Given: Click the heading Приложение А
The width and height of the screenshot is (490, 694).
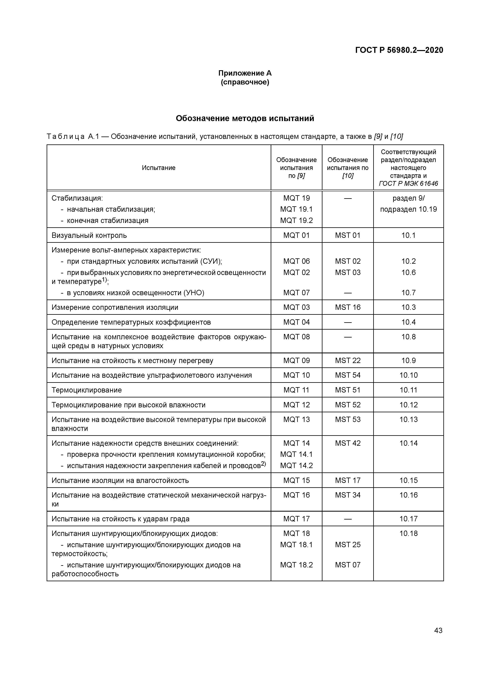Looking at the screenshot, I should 245,73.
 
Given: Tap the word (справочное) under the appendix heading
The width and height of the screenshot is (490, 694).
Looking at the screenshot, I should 245,82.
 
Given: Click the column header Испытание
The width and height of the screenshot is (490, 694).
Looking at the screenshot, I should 158,168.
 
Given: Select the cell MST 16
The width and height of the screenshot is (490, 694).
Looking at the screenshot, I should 348,307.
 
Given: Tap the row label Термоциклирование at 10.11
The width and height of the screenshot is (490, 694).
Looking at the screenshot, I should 87,390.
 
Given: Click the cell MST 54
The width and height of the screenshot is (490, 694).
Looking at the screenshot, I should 348,375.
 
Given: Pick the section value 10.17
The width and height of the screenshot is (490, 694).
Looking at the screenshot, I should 408,519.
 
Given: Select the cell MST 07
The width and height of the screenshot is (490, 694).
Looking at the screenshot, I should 348,565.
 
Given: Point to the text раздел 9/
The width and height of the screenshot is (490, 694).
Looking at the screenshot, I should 408,198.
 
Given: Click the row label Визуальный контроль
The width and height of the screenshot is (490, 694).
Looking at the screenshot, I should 89,235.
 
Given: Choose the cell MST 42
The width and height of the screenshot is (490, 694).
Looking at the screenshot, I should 348,443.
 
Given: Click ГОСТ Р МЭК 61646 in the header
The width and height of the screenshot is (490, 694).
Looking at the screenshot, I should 408,183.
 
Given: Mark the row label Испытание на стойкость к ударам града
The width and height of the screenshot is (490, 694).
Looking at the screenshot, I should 121,519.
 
